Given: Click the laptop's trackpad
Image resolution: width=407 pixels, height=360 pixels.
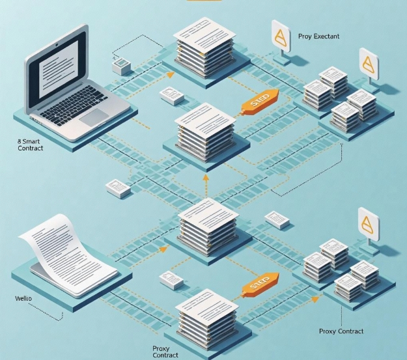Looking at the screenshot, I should tap(94, 117).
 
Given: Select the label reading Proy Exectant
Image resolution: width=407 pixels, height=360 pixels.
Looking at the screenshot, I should tap(318, 36).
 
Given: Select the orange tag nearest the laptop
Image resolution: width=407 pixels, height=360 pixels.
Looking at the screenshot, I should tap(259, 99).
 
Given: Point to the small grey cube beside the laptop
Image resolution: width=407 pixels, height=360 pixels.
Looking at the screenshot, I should tap(122, 65).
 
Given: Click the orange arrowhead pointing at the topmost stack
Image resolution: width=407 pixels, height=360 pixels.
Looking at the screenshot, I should tap(171, 74).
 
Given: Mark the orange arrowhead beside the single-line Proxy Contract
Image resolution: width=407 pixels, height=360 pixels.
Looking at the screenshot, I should tap(316, 299).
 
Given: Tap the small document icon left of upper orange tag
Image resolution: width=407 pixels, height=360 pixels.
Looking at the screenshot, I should tap(172, 96).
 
